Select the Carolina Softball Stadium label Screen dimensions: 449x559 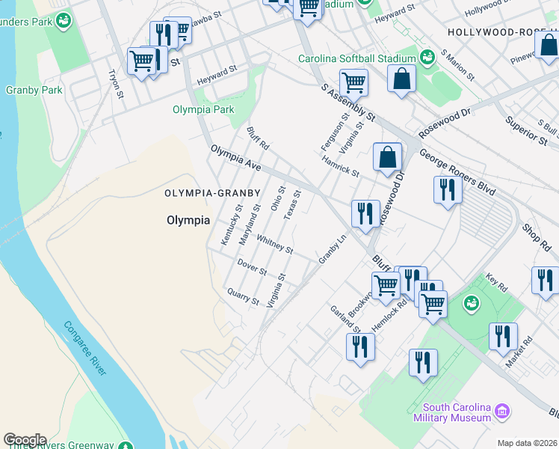coord(356,59)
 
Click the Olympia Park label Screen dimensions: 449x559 coord(203,109)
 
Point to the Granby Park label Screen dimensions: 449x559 coord(34,90)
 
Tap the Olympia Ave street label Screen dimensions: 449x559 coord(235,158)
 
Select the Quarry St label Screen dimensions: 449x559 coord(243,296)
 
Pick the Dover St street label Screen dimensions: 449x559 coord(252,266)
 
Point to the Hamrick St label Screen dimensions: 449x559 coord(341,166)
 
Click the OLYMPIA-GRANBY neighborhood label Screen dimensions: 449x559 coord(212,193)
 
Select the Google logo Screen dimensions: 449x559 coord(25,440)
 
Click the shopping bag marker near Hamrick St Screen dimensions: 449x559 coord(387,157)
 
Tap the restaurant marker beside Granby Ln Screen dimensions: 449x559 coord(364,213)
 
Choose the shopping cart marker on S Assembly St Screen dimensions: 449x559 coord(353,82)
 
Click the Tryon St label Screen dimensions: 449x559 coord(115,83)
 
